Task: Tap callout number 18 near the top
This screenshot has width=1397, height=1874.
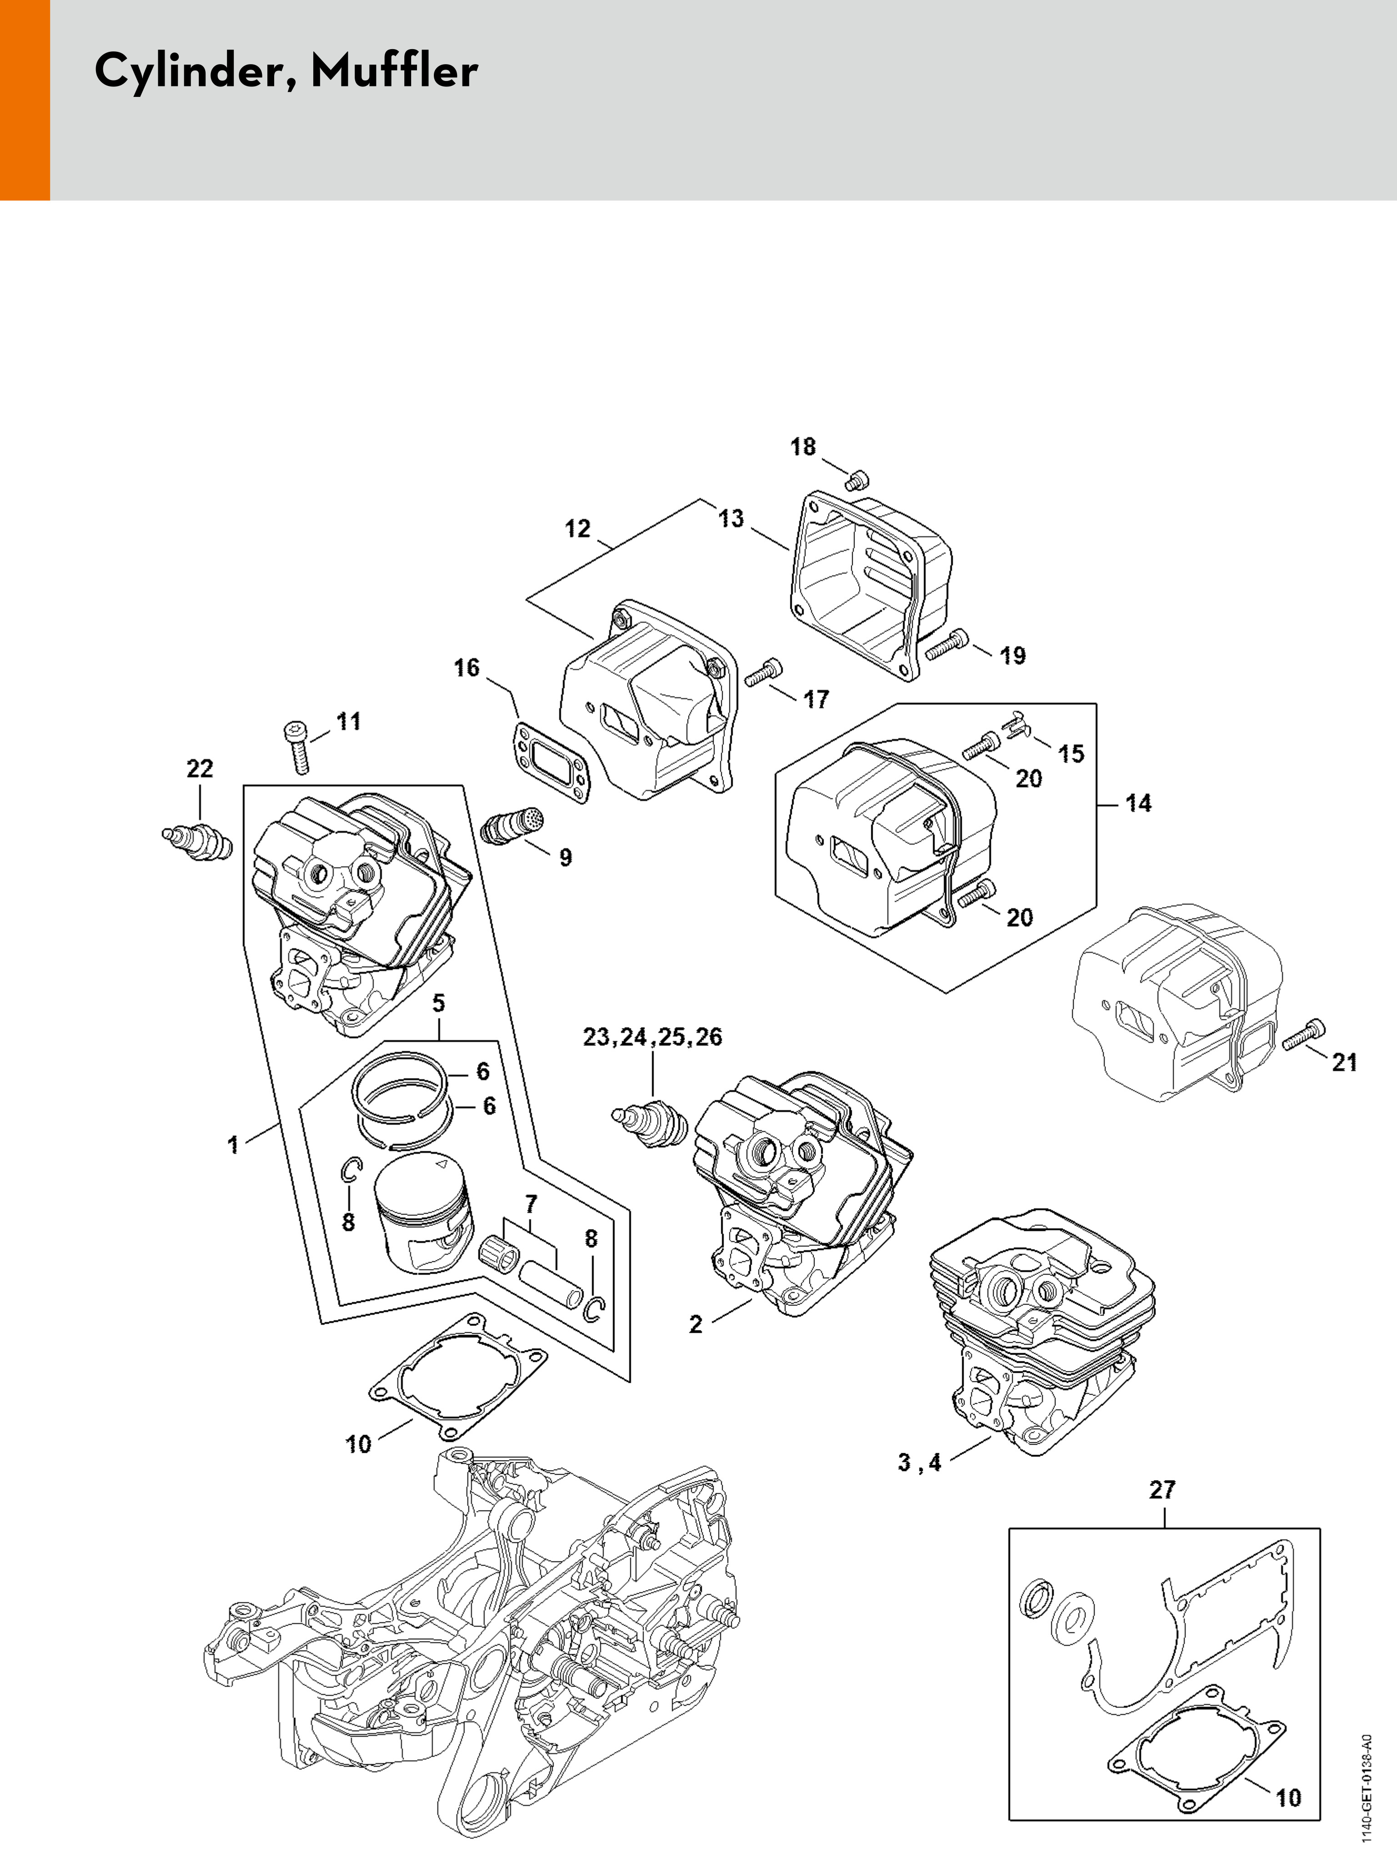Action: [x=803, y=447]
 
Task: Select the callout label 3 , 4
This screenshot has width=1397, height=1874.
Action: [x=919, y=1462]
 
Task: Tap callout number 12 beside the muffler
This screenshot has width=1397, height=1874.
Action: [x=578, y=529]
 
